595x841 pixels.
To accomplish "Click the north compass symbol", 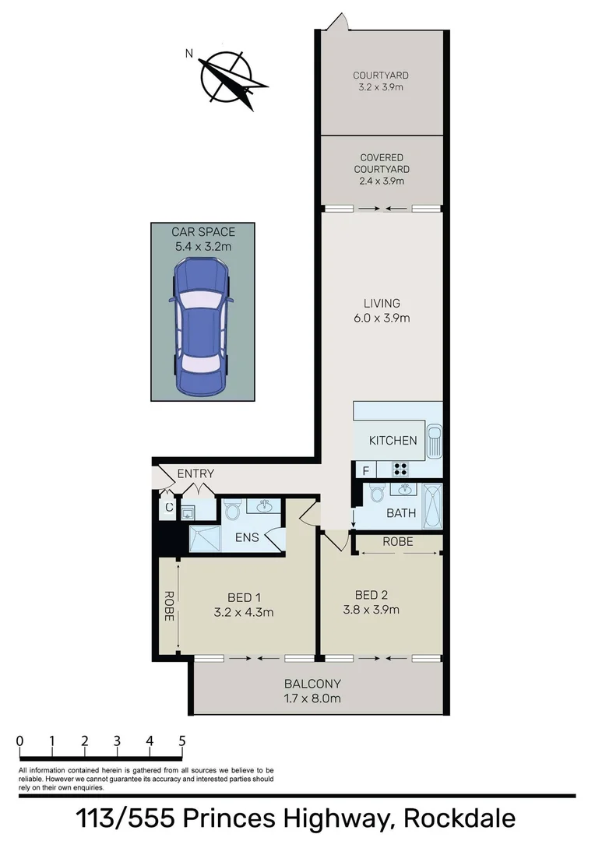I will (230, 78).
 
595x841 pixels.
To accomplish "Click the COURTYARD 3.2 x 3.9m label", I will (381, 82).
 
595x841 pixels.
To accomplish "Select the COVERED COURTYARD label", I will (382, 169).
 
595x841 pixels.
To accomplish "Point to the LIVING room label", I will (382, 310).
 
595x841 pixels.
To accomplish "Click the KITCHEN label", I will (393, 441).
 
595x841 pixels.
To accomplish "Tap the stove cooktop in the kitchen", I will (400, 470).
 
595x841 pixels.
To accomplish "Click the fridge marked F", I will (364, 470).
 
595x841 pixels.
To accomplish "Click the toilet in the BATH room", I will (377, 494).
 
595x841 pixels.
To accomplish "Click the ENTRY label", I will (195, 473).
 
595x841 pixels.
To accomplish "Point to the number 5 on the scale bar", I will (181, 741).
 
